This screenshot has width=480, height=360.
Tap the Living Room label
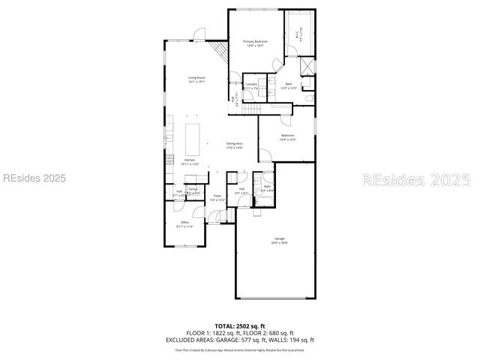[196, 79]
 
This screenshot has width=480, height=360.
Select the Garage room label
[280, 241]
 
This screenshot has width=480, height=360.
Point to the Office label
[184, 225]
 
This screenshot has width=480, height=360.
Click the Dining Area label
[235, 145]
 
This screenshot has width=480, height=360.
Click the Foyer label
[217, 198]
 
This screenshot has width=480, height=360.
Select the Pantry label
[193, 190]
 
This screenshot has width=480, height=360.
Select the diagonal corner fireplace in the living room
[219, 51]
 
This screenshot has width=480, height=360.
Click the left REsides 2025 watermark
[34, 178]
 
